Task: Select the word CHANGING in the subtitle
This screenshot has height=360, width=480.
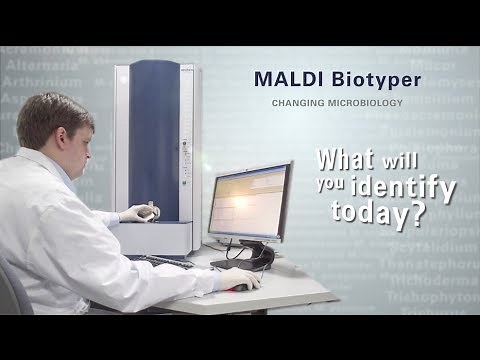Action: click(x=299, y=102)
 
